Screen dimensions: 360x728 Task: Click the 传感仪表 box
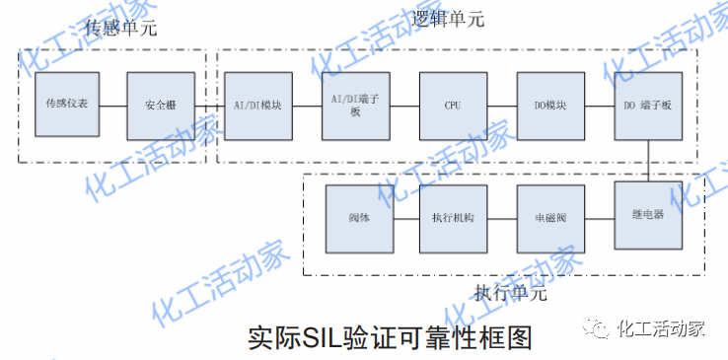(x=65, y=105)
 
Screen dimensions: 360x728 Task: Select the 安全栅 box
(x=161, y=105)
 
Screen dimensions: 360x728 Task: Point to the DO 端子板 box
(x=648, y=105)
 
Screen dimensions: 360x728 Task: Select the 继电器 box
(x=648, y=215)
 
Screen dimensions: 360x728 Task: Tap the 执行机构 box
(x=453, y=218)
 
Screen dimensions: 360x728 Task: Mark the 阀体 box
(x=358, y=218)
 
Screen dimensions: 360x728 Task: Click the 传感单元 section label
(x=119, y=29)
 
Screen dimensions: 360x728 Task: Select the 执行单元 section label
(x=510, y=293)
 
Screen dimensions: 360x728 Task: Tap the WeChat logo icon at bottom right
(x=597, y=328)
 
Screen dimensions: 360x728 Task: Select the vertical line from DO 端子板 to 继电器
(x=648, y=160)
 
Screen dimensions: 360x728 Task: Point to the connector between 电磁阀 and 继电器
(x=599, y=218)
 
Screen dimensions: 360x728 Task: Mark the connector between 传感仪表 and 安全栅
(x=112, y=105)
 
